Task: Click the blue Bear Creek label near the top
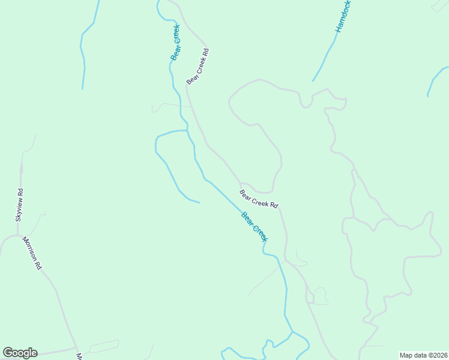tap(175, 42)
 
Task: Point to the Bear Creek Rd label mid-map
tap(259, 199)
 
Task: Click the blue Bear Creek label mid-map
tap(254, 227)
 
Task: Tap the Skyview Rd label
tap(19, 205)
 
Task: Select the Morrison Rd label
tap(32, 253)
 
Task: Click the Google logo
tap(20, 353)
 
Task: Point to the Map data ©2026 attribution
tap(423, 355)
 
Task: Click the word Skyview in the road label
tap(19, 209)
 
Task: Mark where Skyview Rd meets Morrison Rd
tap(18, 235)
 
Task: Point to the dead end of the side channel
tap(199, 202)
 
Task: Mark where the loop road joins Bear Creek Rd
tap(241, 183)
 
